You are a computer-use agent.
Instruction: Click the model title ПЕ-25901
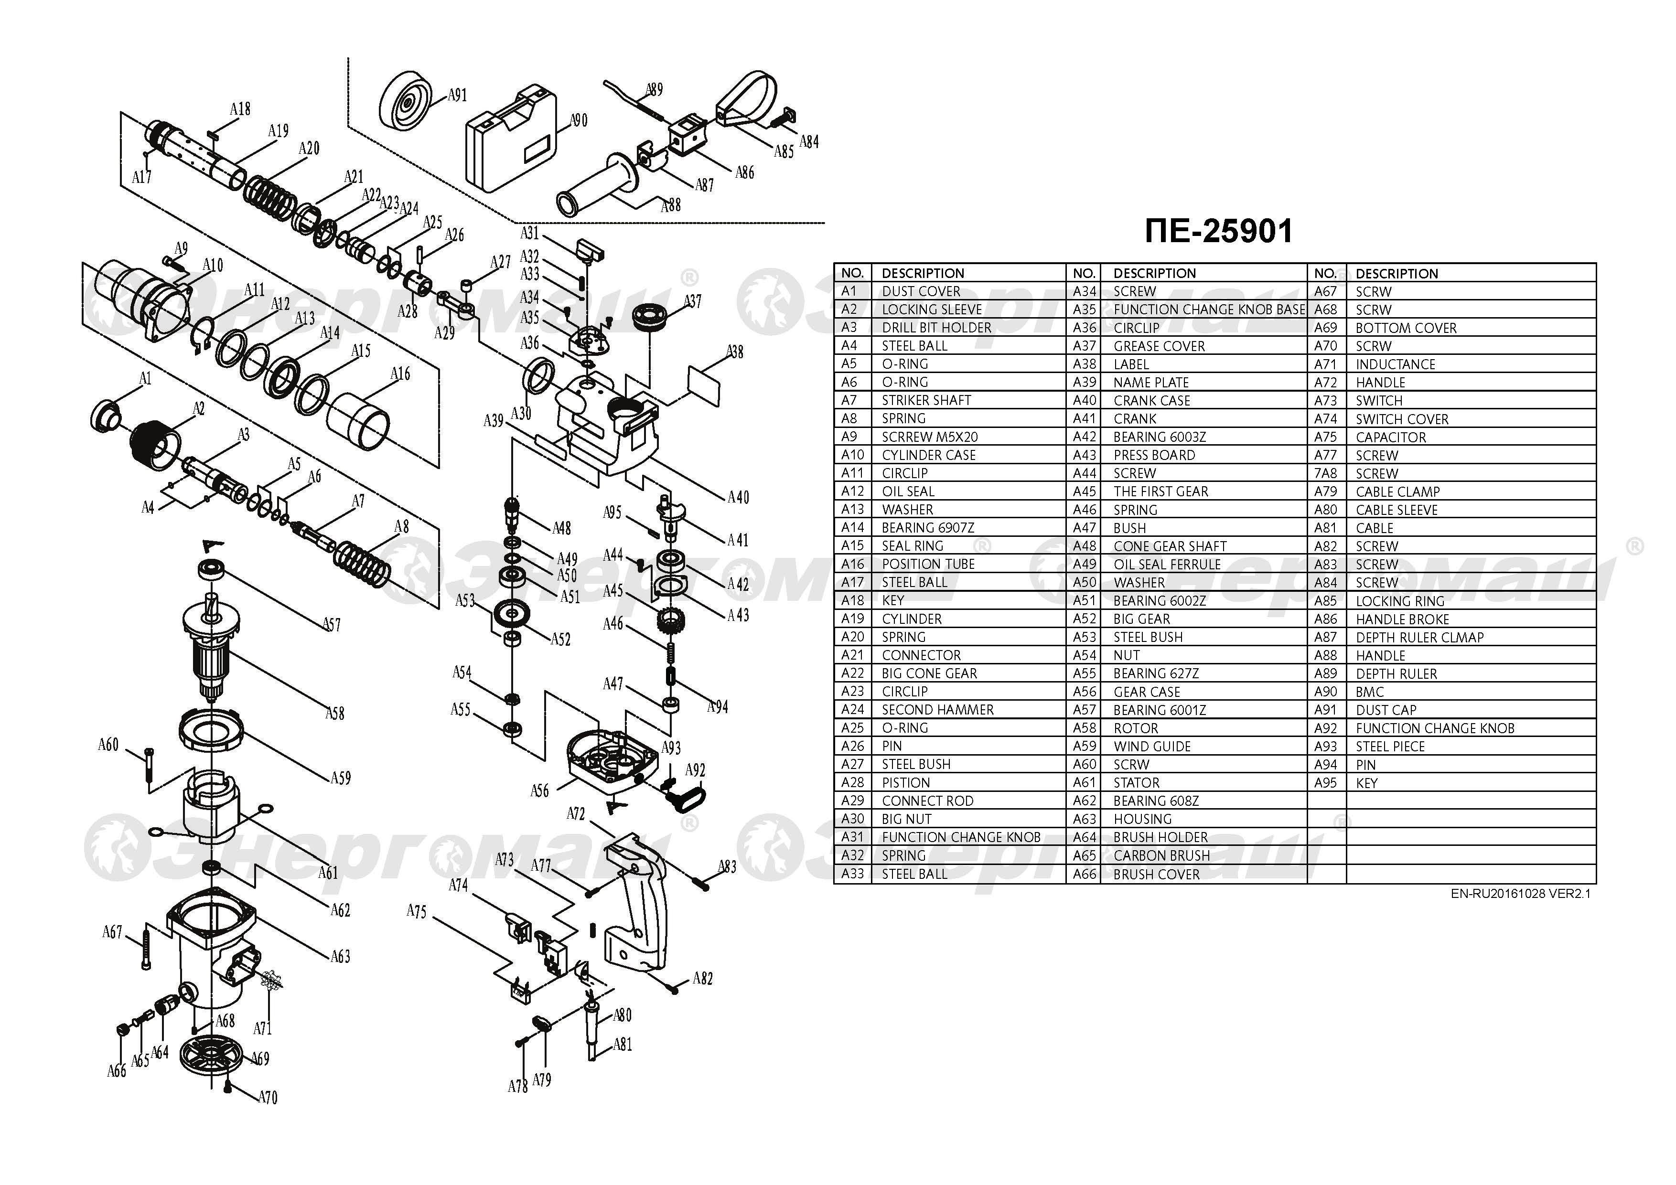point(1218,231)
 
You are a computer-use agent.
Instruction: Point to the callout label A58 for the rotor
point(334,713)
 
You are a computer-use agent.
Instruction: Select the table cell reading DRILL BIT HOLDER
point(936,328)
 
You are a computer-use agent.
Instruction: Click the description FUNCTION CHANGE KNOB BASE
point(1209,310)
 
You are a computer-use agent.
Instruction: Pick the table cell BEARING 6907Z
point(928,528)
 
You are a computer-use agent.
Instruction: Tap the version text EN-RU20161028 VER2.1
point(1521,894)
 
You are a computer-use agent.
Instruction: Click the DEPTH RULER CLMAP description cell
point(1420,637)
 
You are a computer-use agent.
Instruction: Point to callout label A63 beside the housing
point(340,956)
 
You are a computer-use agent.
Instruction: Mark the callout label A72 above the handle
point(576,813)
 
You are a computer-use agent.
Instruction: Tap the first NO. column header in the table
point(852,273)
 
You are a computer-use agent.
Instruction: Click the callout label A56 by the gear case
point(539,790)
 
